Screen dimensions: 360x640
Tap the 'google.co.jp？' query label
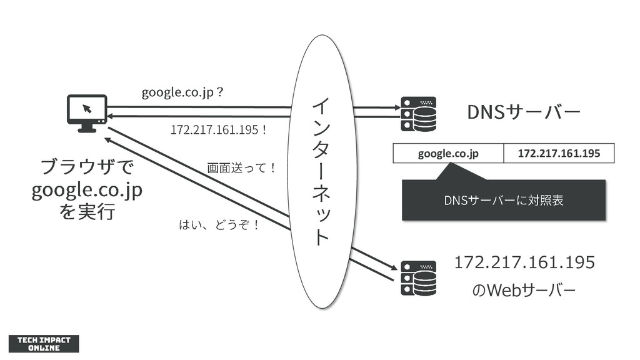pos(182,93)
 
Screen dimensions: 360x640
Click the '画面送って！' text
pos(241,168)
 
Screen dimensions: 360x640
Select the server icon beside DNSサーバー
pos(419,114)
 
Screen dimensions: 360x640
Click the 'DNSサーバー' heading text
pos(524,112)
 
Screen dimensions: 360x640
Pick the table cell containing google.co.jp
pos(448,153)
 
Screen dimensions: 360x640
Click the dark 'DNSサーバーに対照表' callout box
pos(504,200)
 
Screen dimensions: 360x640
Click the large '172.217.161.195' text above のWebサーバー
pos(524,262)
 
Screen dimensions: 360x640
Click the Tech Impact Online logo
pos(44,343)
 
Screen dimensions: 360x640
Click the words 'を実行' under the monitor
pos(87,212)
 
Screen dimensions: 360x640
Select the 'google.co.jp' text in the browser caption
pos(87,190)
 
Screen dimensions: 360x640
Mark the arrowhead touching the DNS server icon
pos(396,107)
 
